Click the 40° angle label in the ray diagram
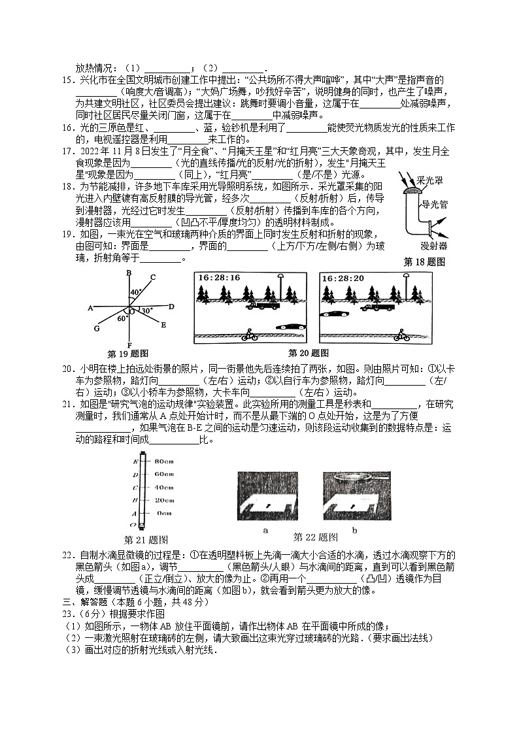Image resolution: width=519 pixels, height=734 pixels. (x=135, y=292)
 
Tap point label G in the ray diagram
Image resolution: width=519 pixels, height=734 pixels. (x=97, y=328)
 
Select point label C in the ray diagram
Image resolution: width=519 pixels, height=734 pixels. (x=152, y=277)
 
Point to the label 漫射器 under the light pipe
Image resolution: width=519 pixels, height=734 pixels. (x=433, y=246)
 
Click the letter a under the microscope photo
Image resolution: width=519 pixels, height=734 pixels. (x=265, y=531)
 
